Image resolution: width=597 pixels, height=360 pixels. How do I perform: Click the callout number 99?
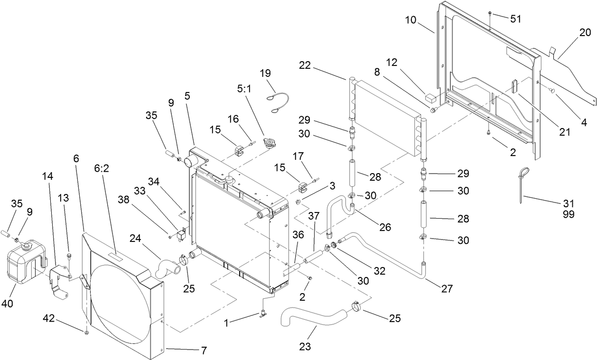(568, 214)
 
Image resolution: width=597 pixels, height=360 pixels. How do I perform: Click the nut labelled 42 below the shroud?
(86, 333)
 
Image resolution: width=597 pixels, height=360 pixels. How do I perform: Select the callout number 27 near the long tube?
(447, 288)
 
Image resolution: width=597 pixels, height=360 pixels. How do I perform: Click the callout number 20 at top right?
(585, 32)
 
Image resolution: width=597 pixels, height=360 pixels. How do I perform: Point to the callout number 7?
(204, 351)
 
